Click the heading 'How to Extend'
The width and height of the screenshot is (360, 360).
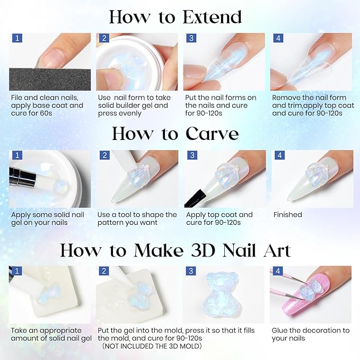click(x=175, y=17)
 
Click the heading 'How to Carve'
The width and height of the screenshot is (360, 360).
click(x=175, y=134)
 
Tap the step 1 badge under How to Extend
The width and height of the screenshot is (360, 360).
click(x=16, y=38)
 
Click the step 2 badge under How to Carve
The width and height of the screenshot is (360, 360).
click(x=103, y=156)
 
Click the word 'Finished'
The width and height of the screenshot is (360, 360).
click(x=287, y=215)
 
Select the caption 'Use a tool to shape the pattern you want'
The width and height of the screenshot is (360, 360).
click(x=137, y=218)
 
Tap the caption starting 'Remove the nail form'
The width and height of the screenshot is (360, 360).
click(x=309, y=105)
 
